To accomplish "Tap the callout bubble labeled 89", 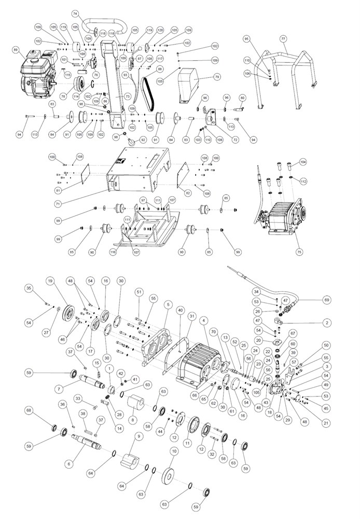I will tap(16, 50).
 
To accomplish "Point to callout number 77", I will tap(283, 39).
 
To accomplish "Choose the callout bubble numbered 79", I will tap(217, 78).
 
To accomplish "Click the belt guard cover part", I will tap(190, 83).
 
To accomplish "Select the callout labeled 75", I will tap(298, 252).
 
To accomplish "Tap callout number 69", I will tap(326, 299).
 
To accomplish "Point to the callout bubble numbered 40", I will tap(180, 310).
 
